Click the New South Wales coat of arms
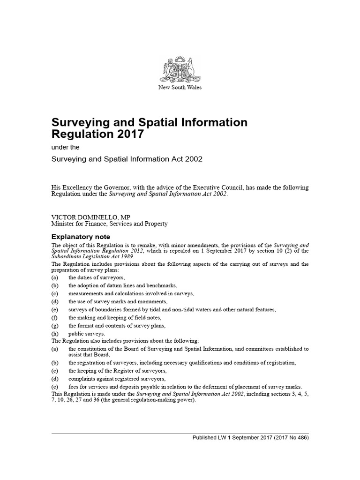coord(180,69)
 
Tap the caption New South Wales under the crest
coord(180,88)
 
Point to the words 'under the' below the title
coord(65,148)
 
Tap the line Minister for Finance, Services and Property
coord(109,224)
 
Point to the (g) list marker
coord(55,325)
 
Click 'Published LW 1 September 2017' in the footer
coord(233,438)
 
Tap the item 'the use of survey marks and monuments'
coord(118,301)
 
